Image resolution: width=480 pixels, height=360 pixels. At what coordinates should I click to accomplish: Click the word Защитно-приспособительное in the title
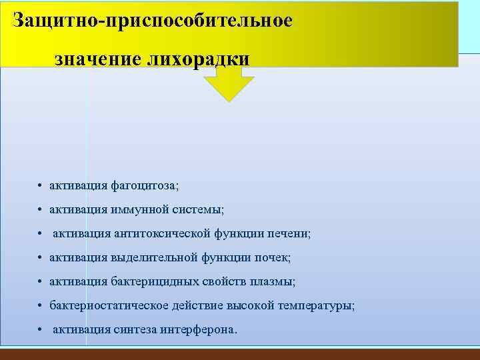pyautogui.click(x=153, y=21)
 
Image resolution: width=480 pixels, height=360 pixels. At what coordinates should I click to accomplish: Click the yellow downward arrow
pyautogui.click(x=229, y=83)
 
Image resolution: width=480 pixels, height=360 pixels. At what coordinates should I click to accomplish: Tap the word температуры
pyautogui.click(x=318, y=306)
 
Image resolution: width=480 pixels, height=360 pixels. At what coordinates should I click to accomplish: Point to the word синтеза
pyautogui.click(x=133, y=330)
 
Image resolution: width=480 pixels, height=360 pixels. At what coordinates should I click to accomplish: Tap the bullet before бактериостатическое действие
pyautogui.click(x=41, y=306)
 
